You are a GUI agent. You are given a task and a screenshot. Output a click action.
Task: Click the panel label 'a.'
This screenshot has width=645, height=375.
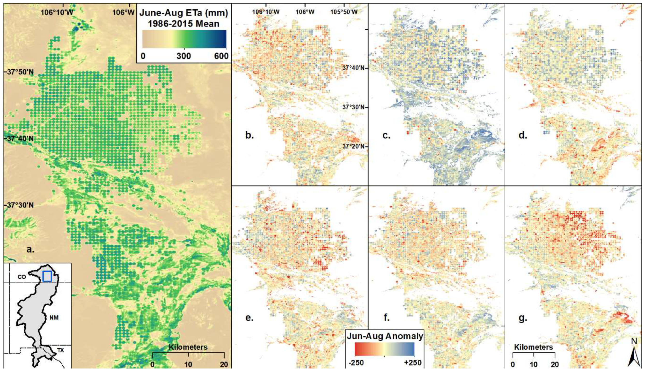coord(30,249)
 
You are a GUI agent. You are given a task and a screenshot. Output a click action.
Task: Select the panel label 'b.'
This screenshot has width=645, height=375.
coord(249,135)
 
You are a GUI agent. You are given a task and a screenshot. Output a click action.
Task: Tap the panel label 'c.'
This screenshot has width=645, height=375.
coord(386,135)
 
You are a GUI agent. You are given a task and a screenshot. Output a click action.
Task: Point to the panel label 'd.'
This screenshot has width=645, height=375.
coord(523,135)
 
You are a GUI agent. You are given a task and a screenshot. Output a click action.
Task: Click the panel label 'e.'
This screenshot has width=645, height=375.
coord(249,318)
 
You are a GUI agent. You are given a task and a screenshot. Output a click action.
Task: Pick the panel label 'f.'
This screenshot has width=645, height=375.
coord(386,318)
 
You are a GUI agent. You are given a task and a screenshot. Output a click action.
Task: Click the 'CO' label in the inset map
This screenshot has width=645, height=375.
coord(22,277)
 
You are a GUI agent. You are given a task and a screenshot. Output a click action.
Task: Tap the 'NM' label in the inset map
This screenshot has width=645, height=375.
coord(54,318)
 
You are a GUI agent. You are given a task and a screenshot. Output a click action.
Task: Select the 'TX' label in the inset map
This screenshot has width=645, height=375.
coord(60,350)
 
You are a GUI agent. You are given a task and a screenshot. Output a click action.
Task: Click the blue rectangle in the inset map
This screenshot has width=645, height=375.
coord(47,276)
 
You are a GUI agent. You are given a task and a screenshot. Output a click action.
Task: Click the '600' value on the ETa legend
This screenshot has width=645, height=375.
coord(221,56)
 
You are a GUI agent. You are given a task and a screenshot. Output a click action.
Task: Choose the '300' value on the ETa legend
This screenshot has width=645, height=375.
coord(184,56)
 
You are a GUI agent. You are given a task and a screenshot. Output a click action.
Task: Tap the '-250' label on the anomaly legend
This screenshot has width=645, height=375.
coord(356,363)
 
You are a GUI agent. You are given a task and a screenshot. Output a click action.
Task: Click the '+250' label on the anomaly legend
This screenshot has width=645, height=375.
coord(413,363)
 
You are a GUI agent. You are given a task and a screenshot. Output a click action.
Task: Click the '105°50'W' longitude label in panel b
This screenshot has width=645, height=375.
coord(344,12)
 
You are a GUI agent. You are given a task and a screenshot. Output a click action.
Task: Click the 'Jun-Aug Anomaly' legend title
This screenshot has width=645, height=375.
coord(385,336)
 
